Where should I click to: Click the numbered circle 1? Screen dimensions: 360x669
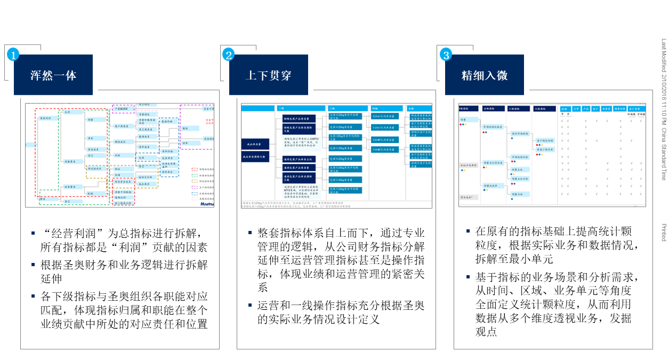click(13, 54)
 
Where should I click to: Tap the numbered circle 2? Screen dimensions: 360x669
click(229, 54)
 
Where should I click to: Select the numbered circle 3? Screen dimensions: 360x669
click(445, 54)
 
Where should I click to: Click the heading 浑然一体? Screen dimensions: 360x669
click(53, 75)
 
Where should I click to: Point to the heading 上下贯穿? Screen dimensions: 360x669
click(269, 75)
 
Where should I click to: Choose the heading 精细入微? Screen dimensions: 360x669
click(485, 75)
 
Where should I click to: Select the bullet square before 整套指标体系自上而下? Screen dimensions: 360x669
click(249, 233)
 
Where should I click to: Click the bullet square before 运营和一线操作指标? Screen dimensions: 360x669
click(249, 306)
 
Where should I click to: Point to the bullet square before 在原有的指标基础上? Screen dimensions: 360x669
click(468, 231)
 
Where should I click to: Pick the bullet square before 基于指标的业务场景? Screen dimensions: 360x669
click(468, 277)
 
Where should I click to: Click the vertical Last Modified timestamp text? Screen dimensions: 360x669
click(664, 109)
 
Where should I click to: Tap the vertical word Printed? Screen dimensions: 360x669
click(664, 233)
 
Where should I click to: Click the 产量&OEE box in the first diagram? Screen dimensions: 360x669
click(123, 108)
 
